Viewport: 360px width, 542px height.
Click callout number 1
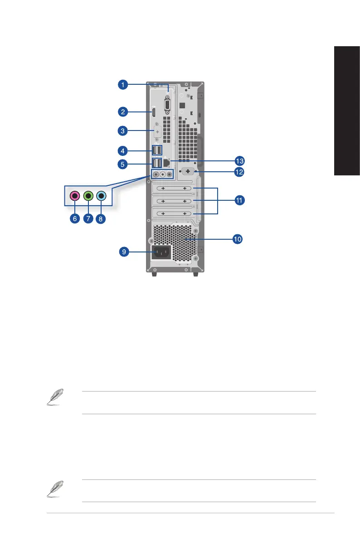tap(123, 84)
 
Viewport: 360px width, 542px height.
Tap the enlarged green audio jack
tap(88, 196)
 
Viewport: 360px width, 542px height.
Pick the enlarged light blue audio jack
tap(101, 196)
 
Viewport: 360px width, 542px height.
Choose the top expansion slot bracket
tap(174, 188)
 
